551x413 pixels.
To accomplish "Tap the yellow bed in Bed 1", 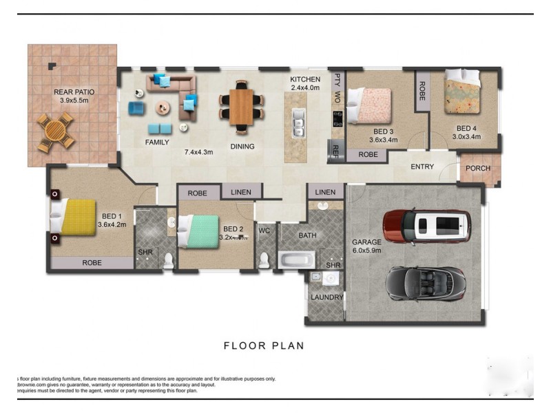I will pyautogui.click(x=72, y=217).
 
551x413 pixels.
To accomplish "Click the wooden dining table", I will pyautogui.click(x=241, y=107).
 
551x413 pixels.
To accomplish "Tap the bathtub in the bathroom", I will pyautogui.click(x=296, y=260).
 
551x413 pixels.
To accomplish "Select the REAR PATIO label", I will pyautogui.click(x=74, y=92).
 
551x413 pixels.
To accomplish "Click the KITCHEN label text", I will pyautogui.click(x=305, y=79).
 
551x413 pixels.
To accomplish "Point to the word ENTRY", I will pyautogui.click(x=422, y=167).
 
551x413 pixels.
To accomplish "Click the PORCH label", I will pyautogui.click(x=478, y=168).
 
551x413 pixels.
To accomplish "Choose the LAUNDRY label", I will pyautogui.click(x=326, y=297).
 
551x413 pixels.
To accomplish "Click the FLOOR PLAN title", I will pyautogui.click(x=264, y=346).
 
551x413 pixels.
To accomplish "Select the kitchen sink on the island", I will pyautogui.click(x=298, y=124).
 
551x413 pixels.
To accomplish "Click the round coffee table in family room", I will pyautogui.click(x=163, y=107).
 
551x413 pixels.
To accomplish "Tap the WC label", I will pyautogui.click(x=264, y=231).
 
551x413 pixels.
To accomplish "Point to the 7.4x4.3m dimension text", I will pyautogui.click(x=198, y=152).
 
